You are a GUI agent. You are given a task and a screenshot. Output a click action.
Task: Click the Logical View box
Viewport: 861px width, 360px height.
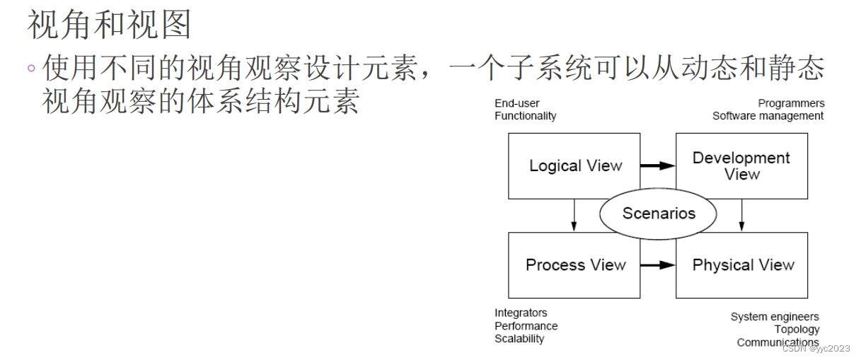pos(574,166)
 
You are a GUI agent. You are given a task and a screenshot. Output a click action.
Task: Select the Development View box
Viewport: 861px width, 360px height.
pos(741,166)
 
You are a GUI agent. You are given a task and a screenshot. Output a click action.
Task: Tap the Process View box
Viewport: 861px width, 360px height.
pos(574,265)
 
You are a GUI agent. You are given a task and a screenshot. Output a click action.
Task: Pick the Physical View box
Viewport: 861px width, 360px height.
pos(741,265)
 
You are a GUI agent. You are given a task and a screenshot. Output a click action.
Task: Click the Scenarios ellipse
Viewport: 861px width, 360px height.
pos(659,213)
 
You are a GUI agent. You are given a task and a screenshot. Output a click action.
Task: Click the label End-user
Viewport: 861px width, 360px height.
pos(516,103)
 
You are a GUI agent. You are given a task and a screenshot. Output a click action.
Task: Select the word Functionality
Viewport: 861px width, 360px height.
pos(525,116)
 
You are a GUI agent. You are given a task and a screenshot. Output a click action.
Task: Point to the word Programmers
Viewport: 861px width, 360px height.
pos(791,103)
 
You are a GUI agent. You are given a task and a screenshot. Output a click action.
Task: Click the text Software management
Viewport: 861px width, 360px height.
pos(768,116)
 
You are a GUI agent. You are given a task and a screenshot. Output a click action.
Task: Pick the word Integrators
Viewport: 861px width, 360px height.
pos(521,313)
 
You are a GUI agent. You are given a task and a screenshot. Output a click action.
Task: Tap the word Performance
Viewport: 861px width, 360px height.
pos(526,326)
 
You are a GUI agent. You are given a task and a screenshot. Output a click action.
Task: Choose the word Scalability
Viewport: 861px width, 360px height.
pos(519,339)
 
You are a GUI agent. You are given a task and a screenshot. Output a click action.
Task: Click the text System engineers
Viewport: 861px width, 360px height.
pos(775,317)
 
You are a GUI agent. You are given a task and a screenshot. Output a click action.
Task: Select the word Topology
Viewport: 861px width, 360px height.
pos(797,330)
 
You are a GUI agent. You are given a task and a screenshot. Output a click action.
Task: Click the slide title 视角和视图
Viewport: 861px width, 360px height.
pos(110,25)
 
